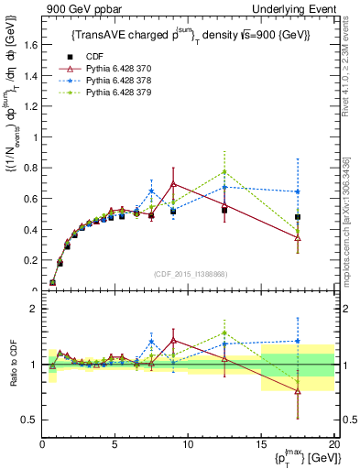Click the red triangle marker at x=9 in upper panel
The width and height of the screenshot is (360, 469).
click(173, 184)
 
